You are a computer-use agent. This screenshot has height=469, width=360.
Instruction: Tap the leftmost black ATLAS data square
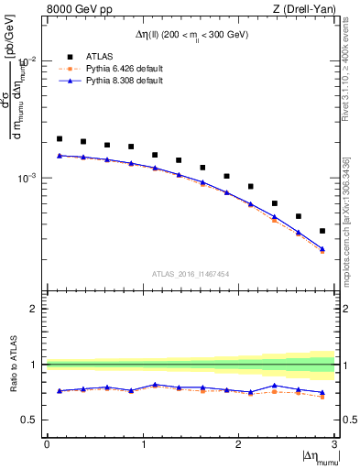(x=60, y=139)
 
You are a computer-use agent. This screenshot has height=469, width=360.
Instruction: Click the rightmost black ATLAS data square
(x=322, y=231)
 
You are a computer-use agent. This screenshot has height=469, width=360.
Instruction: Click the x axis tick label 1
(x=143, y=444)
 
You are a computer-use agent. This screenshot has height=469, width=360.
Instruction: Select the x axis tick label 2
(x=239, y=444)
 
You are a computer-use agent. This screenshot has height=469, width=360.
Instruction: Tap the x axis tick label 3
(x=334, y=444)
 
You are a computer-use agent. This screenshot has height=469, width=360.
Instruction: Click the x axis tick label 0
(x=47, y=444)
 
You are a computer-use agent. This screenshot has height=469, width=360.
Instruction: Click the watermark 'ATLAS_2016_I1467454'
(x=191, y=273)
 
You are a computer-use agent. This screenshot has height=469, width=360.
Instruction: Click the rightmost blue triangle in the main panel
(x=322, y=248)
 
